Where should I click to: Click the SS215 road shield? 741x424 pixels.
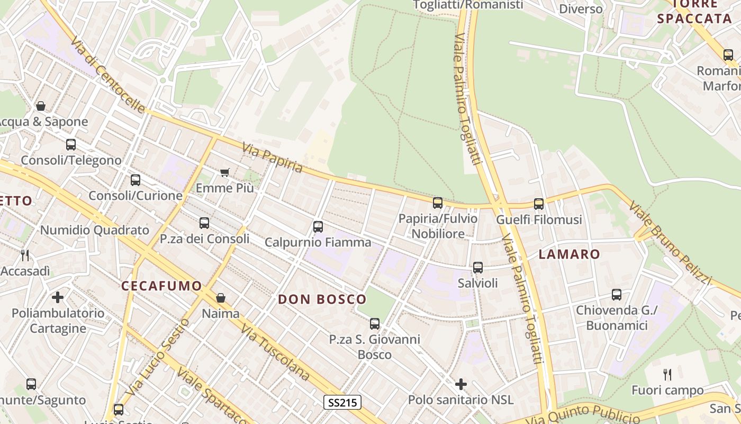pyautogui.click(x=342, y=402)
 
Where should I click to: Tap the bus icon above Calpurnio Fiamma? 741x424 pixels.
pyautogui.click(x=318, y=227)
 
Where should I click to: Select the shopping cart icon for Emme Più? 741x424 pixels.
pyautogui.click(x=225, y=172)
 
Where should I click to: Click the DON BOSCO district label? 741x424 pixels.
pyautogui.click(x=322, y=299)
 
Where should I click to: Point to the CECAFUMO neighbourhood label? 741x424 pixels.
pyautogui.click(x=162, y=286)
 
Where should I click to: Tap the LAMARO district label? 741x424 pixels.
pyautogui.click(x=570, y=254)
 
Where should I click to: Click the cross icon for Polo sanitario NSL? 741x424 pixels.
pyautogui.click(x=461, y=384)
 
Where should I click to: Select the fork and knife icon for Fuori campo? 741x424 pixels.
pyautogui.click(x=667, y=375)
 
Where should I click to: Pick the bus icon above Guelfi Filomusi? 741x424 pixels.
pyautogui.click(x=539, y=204)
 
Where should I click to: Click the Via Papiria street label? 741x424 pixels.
pyautogui.click(x=273, y=158)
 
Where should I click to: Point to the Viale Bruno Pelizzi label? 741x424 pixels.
pyautogui.click(x=670, y=242)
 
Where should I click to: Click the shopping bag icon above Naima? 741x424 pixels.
pyautogui.click(x=221, y=298)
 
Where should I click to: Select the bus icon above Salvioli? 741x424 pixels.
pyautogui.click(x=478, y=268)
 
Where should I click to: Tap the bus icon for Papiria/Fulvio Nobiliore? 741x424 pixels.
pyautogui.click(x=438, y=202)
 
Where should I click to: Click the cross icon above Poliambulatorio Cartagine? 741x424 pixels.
pyautogui.click(x=58, y=297)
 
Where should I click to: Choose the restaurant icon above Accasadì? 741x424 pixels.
pyautogui.click(x=25, y=255)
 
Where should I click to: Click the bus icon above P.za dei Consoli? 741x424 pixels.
pyautogui.click(x=204, y=223)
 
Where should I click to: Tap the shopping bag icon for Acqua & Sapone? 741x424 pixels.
pyautogui.click(x=41, y=106)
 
